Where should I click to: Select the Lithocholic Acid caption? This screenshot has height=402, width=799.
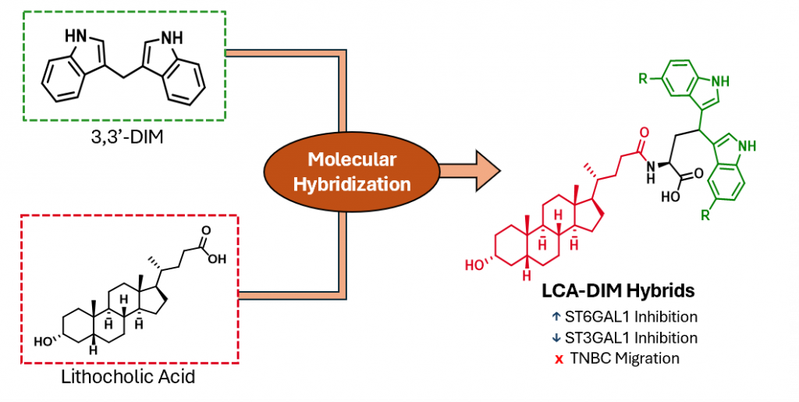point(126,379)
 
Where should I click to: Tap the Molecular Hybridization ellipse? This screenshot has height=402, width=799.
point(352,172)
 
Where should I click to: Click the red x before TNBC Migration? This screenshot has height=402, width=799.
point(559,359)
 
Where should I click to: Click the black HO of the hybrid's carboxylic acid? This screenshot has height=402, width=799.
point(670,198)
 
